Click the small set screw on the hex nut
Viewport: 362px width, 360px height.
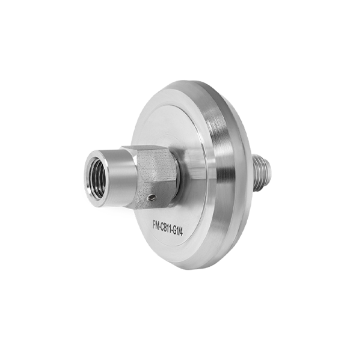[x=152, y=197]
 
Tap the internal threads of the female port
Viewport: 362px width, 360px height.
[x=97, y=177]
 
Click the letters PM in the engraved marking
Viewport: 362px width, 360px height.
[x=156, y=224]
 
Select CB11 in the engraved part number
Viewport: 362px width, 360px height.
[x=166, y=228]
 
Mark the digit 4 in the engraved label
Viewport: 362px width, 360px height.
[x=182, y=234]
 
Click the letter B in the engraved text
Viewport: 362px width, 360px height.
[x=166, y=228]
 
